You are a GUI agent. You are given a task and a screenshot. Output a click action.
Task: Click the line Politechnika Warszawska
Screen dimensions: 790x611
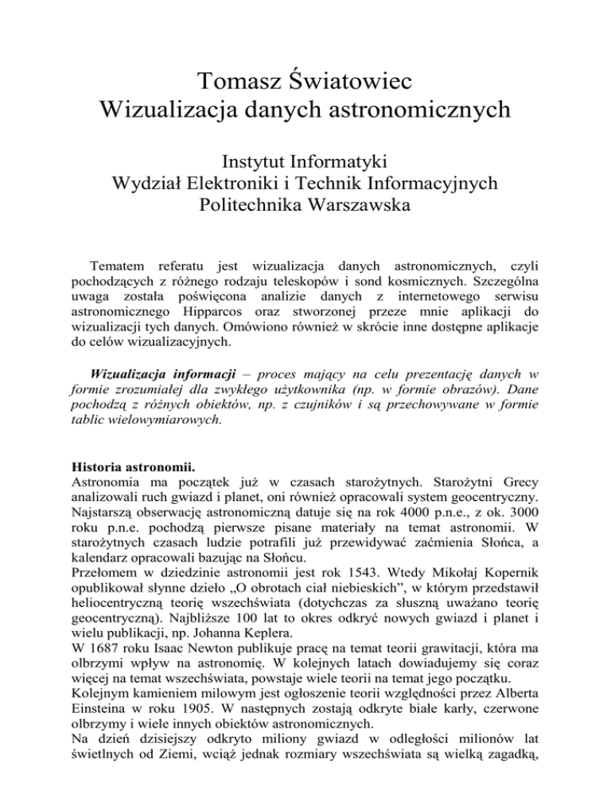pos(305,210)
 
